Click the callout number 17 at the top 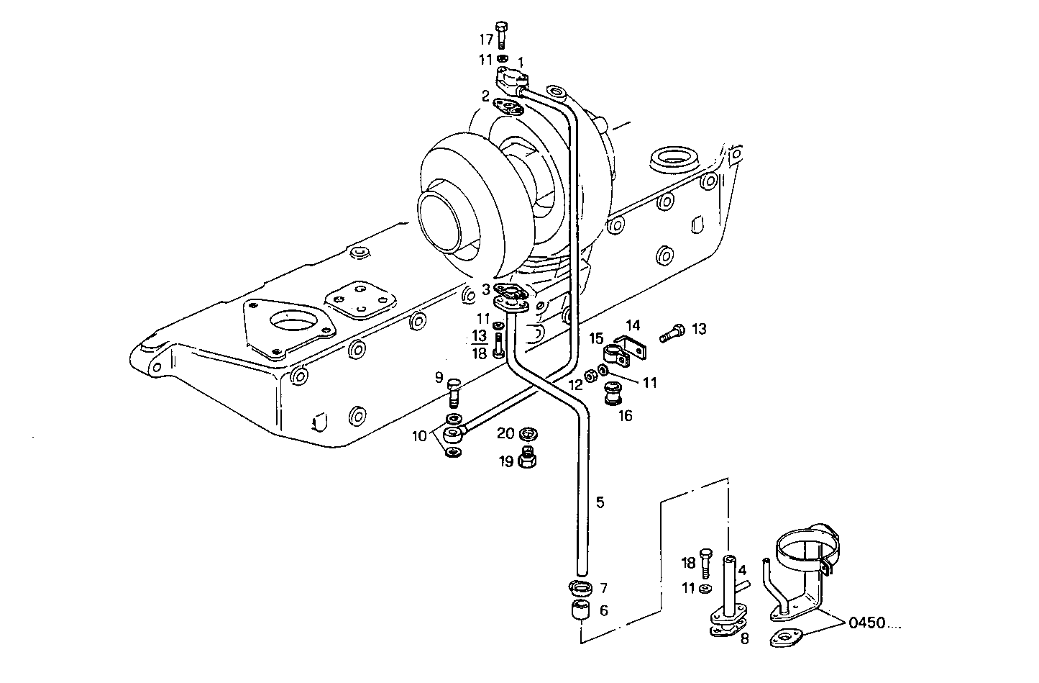tap(487, 39)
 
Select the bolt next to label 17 tap(503, 34)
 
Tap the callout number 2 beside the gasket tap(486, 96)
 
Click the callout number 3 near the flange tap(486, 289)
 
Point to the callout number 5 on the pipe tap(600, 502)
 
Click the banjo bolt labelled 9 tap(453, 392)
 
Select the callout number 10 tap(419, 435)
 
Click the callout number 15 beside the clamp tap(596, 338)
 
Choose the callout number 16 tap(626, 415)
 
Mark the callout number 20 tap(506, 433)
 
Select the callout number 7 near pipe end tap(603, 589)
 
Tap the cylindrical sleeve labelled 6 tap(580, 613)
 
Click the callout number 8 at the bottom tap(744, 638)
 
